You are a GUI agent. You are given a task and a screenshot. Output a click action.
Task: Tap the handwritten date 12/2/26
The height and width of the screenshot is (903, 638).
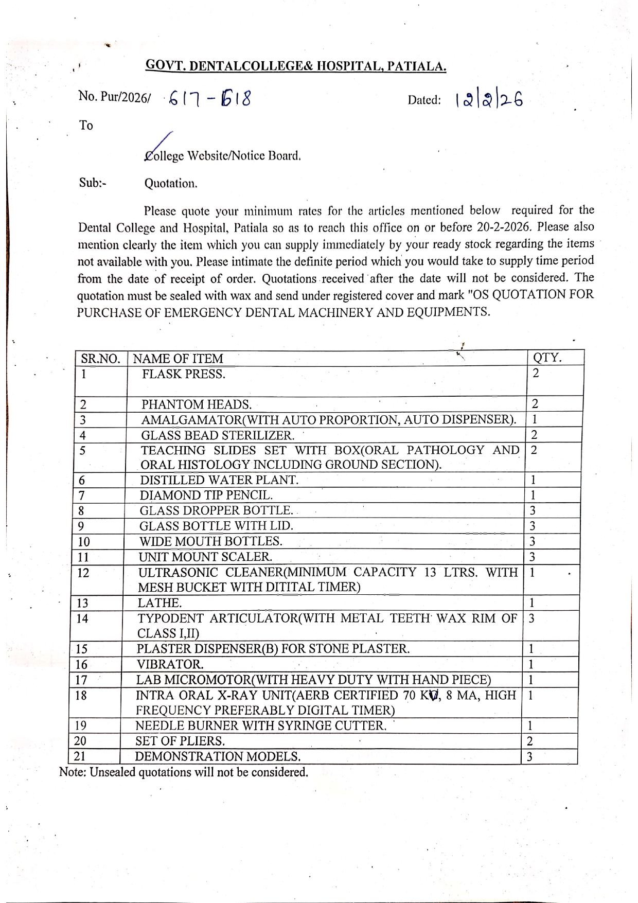pyautogui.click(x=488, y=100)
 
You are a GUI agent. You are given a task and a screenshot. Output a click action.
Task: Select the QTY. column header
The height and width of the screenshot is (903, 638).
pyautogui.click(x=547, y=358)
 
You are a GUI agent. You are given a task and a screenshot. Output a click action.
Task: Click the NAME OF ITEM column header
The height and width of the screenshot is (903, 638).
pyautogui.click(x=178, y=359)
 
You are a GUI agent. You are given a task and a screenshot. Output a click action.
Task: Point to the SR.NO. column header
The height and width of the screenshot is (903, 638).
pyautogui.click(x=100, y=359)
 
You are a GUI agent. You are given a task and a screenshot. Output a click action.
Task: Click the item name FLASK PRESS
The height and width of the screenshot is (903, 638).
pyautogui.click(x=184, y=374)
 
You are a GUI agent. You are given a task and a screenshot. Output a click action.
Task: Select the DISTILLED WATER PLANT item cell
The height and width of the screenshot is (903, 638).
pyautogui.click(x=219, y=480)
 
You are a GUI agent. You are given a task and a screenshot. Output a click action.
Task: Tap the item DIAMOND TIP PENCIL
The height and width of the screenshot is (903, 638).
pyautogui.click(x=206, y=495)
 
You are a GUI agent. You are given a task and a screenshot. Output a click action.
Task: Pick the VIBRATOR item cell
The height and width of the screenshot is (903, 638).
pyautogui.click(x=170, y=664)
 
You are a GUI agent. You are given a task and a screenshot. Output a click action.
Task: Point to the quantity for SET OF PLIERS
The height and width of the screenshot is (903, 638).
pyautogui.click(x=530, y=741)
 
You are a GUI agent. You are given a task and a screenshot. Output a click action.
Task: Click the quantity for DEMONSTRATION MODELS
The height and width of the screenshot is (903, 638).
pyautogui.click(x=530, y=756)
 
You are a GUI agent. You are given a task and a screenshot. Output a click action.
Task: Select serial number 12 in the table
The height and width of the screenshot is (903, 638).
pyautogui.click(x=83, y=573)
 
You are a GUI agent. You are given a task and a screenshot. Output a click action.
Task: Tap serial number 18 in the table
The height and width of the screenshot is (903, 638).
pyautogui.click(x=81, y=696)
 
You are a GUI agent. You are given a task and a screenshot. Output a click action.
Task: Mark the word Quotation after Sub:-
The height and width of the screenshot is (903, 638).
pyautogui.click(x=170, y=184)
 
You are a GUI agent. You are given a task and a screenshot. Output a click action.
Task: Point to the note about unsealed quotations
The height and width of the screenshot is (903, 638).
pyautogui.click(x=184, y=772)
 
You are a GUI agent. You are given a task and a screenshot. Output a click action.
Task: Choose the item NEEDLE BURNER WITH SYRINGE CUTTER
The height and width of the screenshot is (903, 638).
pyautogui.click(x=260, y=726)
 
